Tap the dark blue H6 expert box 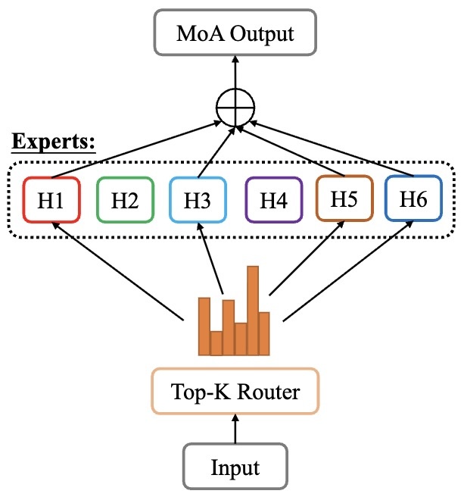pyautogui.click(x=413, y=198)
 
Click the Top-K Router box pyautogui.click(x=235, y=392)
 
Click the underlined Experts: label pyautogui.click(x=52, y=142)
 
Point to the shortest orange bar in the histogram pyautogui.click(x=216, y=342)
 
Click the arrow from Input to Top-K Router pyautogui.click(x=235, y=429)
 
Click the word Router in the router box pyautogui.click(x=269, y=392)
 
